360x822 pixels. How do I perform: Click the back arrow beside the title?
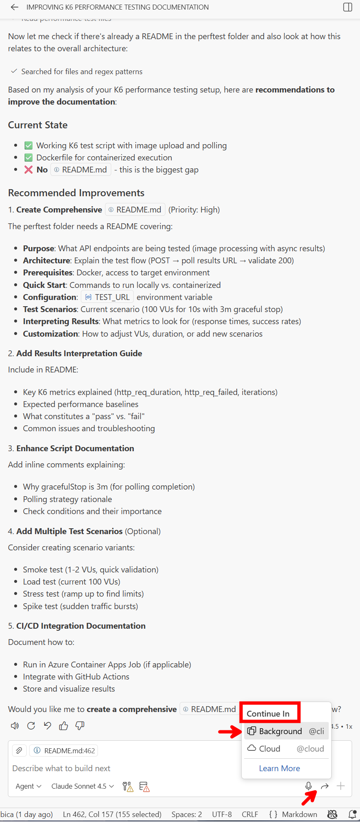15,7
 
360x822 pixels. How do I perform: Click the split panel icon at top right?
347,7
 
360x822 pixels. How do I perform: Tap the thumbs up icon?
63,726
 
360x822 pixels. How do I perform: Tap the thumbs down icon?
80,726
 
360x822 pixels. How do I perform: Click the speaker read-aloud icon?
15,726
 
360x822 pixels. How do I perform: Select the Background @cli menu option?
286,731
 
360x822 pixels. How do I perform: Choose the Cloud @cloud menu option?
286,749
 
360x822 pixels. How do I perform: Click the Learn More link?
279,768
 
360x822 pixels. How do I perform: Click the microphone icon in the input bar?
308,786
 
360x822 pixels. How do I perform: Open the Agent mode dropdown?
28,786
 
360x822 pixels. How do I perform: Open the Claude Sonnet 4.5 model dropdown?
82,786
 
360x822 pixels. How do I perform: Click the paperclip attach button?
19,751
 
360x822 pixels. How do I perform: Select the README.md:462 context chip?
64,751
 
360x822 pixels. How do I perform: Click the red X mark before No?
28,170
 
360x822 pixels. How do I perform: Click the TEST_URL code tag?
107,297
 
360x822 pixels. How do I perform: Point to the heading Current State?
37,125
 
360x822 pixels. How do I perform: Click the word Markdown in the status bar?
299,815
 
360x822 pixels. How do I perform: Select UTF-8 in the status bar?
222,815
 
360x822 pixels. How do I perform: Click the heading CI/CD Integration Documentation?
81,626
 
